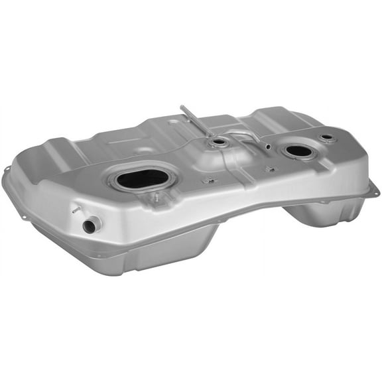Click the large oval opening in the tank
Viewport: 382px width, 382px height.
143,178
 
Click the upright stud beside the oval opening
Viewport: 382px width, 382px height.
155,196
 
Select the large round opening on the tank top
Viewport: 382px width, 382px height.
299,151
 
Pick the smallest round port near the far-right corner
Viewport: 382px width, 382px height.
326,138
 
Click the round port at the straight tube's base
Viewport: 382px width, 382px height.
218,142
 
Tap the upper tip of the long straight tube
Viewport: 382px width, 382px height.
182,107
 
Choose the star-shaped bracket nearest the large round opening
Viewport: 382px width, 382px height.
270,169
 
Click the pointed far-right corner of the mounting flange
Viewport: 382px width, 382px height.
377,190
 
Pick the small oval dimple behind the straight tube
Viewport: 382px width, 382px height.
174,122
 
